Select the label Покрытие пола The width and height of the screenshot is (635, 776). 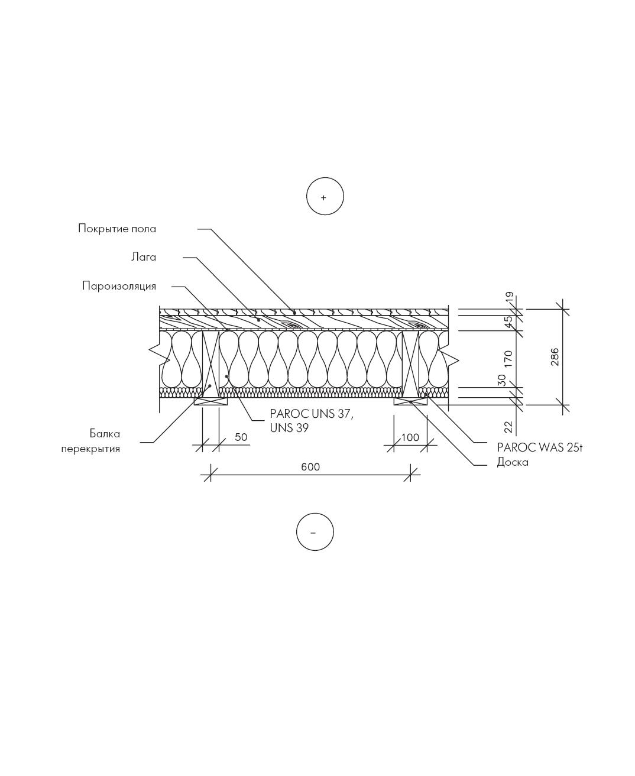[117, 229]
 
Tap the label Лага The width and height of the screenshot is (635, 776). [144, 257]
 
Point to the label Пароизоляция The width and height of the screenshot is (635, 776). [119, 286]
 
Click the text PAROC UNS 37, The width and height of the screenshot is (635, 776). [312, 414]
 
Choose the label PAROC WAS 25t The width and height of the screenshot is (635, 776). [540, 447]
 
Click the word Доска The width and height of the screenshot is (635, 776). [513, 462]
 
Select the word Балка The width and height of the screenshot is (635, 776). [105, 433]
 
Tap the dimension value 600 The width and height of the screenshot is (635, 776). [310, 467]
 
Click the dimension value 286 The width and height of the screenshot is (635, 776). [555, 357]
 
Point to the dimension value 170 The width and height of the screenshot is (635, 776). [508, 359]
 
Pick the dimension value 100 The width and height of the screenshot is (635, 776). [410, 437]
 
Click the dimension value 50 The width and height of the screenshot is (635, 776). [241, 437]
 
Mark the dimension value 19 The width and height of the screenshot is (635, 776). [510, 297]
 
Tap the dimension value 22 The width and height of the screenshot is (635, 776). [508, 427]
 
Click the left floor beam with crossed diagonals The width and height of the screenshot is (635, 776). [211, 364]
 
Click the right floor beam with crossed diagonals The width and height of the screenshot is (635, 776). [410, 364]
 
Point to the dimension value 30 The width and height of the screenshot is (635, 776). [502, 379]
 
